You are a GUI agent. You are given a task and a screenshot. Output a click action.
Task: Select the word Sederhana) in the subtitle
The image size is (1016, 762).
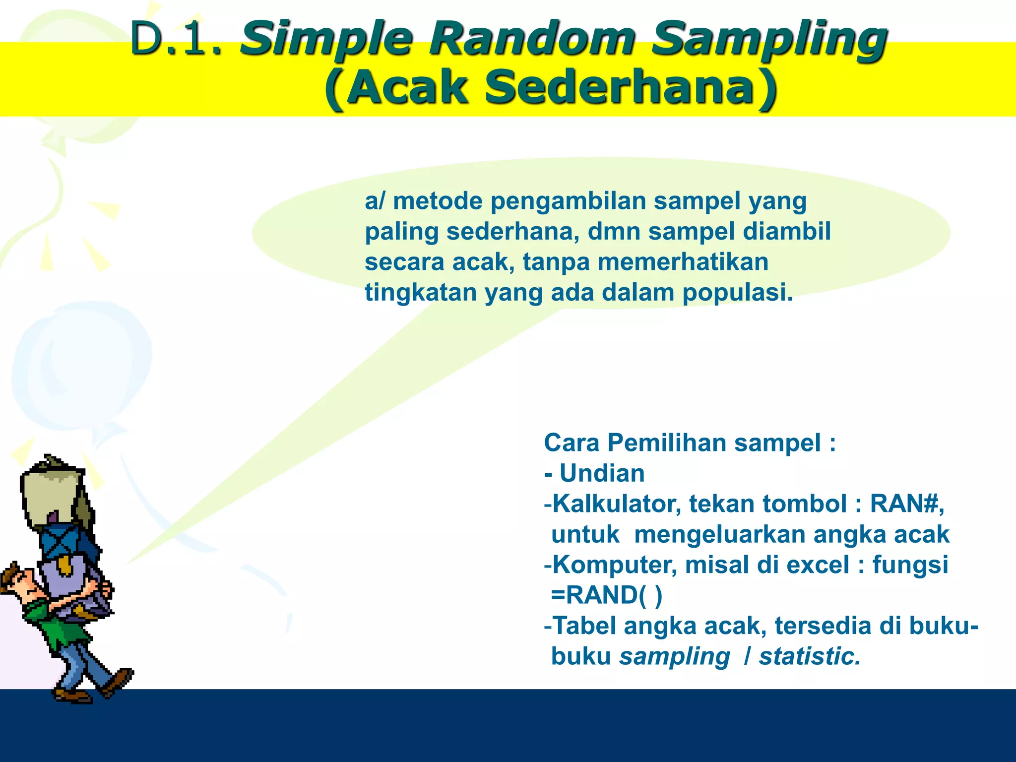click(630, 87)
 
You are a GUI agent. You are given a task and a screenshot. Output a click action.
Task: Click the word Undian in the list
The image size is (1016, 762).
click(602, 473)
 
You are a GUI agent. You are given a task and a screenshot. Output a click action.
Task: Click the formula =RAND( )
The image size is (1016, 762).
click(606, 595)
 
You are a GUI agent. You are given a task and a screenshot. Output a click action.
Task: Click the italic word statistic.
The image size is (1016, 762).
click(810, 656)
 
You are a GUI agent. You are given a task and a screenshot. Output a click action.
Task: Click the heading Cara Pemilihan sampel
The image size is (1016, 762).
click(690, 443)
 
